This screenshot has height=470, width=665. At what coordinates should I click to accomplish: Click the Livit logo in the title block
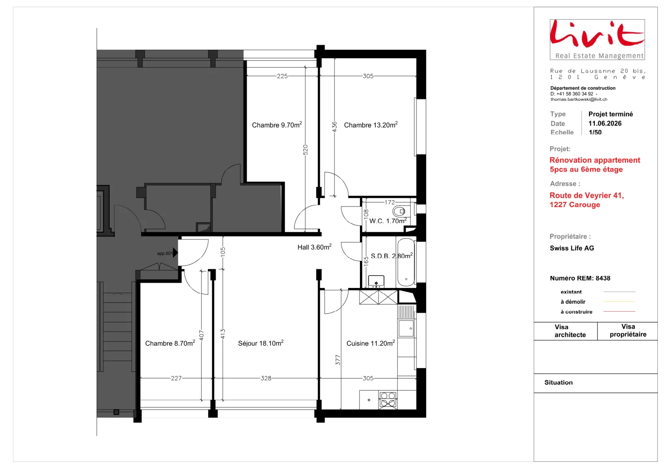point(597,39)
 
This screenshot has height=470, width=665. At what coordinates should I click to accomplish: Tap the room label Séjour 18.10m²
point(261,343)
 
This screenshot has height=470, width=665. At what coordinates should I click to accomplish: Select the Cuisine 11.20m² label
point(370,343)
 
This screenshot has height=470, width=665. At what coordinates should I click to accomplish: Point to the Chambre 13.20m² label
point(370,125)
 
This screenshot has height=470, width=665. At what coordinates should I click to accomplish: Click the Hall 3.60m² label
point(314,247)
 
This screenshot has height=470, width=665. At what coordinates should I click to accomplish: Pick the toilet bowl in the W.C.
point(399,212)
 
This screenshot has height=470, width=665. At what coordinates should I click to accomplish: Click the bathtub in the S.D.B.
point(406,262)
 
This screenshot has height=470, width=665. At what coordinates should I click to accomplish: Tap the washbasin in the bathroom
point(376,281)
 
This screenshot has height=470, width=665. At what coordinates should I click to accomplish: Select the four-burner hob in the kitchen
point(388,399)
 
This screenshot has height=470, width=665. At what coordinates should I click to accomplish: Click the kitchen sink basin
point(406,328)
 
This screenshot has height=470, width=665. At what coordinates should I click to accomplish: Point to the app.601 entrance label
point(165,253)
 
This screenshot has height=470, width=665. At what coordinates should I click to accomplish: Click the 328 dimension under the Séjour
point(266,378)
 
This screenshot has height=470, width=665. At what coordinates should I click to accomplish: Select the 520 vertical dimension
point(305,150)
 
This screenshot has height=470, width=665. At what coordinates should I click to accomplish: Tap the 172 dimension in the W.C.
point(389,202)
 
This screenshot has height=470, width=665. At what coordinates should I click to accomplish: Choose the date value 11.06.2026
point(605,123)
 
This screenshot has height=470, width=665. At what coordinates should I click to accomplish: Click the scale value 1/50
point(595,132)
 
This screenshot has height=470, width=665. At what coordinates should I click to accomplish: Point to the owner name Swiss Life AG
point(572,248)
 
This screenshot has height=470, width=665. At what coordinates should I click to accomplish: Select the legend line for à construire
point(619,311)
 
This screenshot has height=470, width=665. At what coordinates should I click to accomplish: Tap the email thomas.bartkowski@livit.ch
point(579,99)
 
